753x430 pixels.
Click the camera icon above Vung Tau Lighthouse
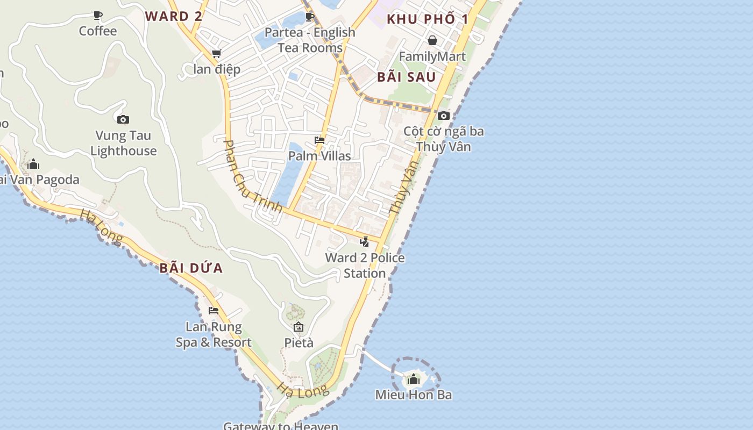(123, 119)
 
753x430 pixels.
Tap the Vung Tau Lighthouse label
(124, 143)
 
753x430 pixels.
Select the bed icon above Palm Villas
(319, 140)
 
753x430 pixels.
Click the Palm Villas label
(319, 156)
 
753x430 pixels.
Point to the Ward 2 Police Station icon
(365, 242)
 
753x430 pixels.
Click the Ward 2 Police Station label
(365, 266)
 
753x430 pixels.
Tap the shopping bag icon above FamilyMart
(432, 40)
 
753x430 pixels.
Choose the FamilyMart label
(432, 56)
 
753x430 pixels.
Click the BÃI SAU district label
(406, 77)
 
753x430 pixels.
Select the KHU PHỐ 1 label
(428, 20)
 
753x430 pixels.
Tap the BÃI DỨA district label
(191, 268)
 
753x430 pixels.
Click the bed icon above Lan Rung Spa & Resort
(214, 311)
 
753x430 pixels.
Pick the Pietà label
(299, 342)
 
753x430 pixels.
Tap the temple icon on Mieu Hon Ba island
(413, 379)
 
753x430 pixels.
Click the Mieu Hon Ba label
(413, 395)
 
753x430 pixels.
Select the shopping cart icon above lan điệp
(217, 53)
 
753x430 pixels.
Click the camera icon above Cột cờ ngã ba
(444, 116)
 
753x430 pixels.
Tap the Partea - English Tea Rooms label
(310, 40)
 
